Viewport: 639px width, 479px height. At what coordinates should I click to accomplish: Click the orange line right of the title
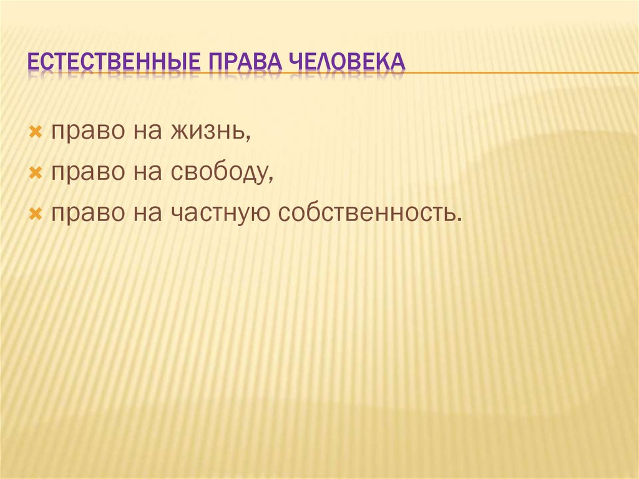pos(518,73)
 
